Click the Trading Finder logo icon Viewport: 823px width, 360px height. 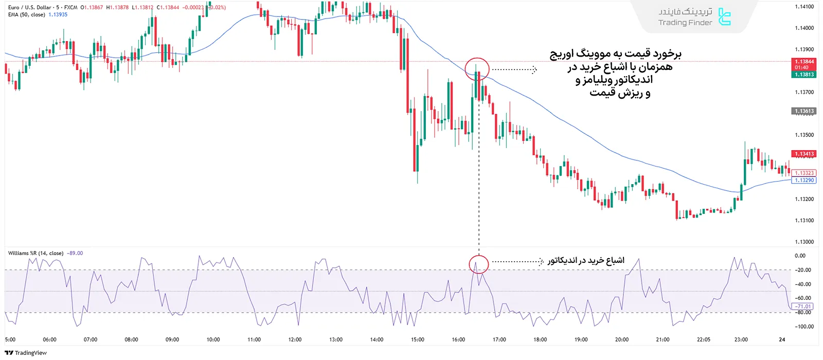(724, 17)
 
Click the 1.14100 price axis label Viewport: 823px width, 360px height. (804, 7)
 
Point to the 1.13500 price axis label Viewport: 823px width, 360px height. (804, 135)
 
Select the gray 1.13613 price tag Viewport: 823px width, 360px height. (804, 111)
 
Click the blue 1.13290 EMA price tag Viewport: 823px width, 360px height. (804, 181)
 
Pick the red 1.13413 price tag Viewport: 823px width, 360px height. (804, 154)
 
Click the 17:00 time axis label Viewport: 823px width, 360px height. (499, 339)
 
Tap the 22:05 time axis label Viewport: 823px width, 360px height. (704, 339)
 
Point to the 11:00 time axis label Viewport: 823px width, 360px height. (254, 339)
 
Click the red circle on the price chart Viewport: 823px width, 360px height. (477, 69)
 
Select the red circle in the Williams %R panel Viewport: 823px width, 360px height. (478, 264)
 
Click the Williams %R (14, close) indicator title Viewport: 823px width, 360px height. (36, 253)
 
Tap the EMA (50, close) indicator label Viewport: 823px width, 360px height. (27, 14)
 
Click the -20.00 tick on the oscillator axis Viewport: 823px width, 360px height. (802, 270)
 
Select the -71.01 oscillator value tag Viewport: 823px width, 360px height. (802, 307)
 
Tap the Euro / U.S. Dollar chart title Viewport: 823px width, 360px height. (30, 7)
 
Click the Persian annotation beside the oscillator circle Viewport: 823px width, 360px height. (585, 261)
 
